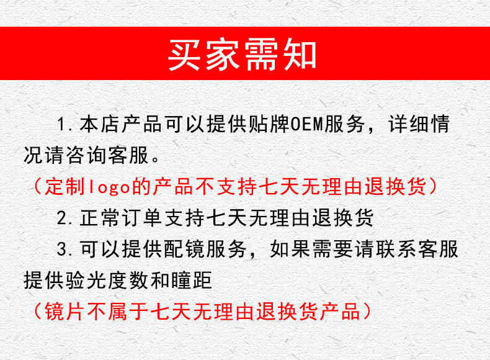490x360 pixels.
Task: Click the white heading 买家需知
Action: click(243, 55)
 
